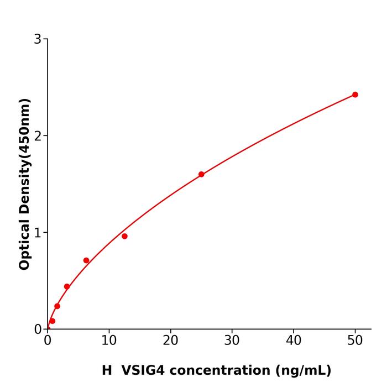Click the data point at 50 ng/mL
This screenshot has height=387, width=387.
[355, 95]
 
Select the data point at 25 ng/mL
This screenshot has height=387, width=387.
[201, 174]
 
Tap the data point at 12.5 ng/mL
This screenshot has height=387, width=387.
[124, 236]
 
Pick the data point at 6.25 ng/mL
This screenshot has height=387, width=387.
[86, 260]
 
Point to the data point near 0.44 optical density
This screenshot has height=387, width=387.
[67, 286]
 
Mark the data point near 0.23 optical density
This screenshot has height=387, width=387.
[57, 306]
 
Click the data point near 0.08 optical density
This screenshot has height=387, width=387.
[53, 321]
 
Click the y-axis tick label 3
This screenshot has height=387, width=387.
[38, 39]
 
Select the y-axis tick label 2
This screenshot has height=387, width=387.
[38, 136]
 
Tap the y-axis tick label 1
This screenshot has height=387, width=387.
[38, 233]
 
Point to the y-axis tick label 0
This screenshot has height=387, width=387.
[38, 330]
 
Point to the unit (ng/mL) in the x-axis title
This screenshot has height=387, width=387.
[302, 370]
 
